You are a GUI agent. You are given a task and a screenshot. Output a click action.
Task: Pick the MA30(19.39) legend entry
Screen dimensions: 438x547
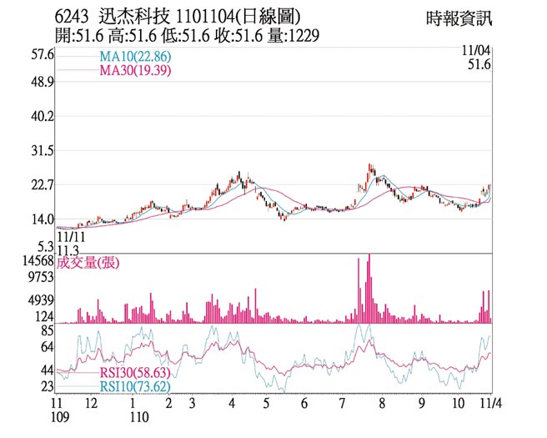135,71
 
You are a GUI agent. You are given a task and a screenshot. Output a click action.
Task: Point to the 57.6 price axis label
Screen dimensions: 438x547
41,55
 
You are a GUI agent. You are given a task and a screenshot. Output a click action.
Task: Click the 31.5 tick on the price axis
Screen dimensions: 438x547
41,151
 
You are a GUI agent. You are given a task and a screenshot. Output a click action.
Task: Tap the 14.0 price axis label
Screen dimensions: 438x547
41,220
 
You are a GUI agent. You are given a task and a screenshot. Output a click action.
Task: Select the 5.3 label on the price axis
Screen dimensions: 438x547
44,246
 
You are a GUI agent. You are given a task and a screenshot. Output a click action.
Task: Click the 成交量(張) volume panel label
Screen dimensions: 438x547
88,263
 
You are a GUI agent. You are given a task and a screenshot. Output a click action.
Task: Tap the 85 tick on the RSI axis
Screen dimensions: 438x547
47,331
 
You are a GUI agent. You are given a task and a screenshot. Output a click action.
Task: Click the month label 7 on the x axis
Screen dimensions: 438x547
343,403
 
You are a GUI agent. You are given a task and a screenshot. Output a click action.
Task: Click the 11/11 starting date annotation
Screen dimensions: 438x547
70,238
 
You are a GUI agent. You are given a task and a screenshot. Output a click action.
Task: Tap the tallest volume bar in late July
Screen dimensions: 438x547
369,288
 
